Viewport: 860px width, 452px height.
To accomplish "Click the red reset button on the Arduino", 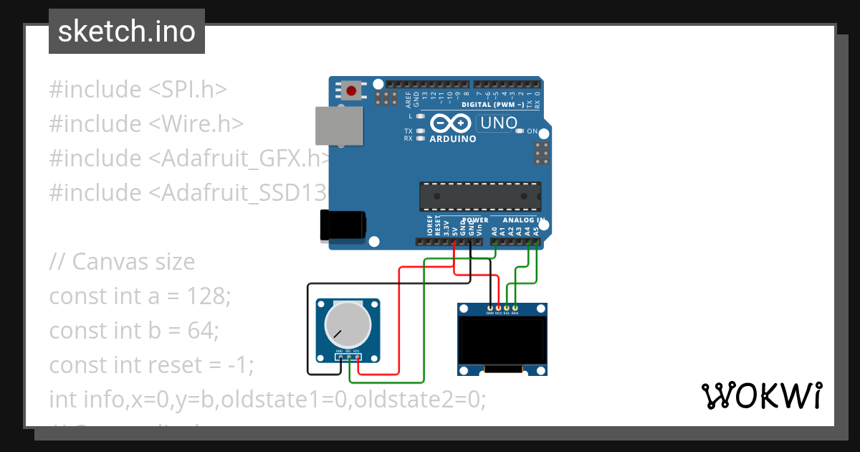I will pyautogui.click(x=352, y=90).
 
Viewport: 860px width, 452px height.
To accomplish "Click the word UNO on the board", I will pyautogui.click(x=499, y=123).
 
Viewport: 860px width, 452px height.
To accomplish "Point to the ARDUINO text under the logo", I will pyautogui.click(x=452, y=139).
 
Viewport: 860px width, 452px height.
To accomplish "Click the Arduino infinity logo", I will pyautogui.click(x=451, y=123).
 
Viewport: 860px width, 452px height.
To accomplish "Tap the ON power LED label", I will pyautogui.click(x=532, y=131).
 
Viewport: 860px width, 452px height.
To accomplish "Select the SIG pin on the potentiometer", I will pyautogui.click(x=348, y=357).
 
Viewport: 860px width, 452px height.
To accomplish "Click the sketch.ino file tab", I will pyautogui.click(x=127, y=32).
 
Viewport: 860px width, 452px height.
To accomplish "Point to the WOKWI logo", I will pyautogui.click(x=760, y=395).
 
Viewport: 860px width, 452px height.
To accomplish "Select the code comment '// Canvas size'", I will pyautogui.click(x=122, y=261).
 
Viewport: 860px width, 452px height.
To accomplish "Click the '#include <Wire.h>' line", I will pyautogui.click(x=146, y=123).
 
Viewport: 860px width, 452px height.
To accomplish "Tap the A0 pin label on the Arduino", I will pyautogui.click(x=494, y=230).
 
